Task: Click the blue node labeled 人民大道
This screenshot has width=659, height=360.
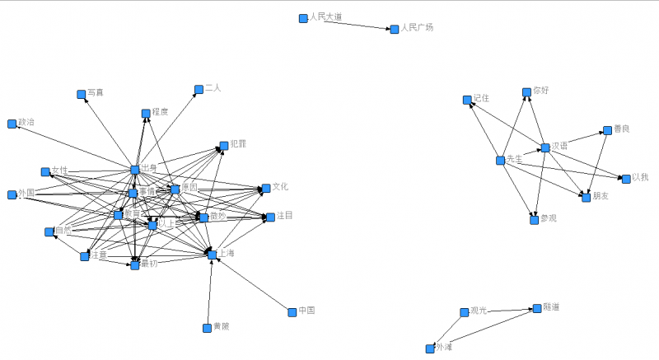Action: (303, 18)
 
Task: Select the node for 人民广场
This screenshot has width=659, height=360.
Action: (393, 29)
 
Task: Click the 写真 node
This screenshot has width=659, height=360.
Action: (81, 95)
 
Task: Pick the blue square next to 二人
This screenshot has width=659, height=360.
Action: (198, 90)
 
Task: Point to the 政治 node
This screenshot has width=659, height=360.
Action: (12, 124)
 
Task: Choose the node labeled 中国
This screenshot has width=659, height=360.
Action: (292, 312)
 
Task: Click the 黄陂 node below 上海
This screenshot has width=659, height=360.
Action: (206, 328)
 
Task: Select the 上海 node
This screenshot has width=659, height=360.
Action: (212, 255)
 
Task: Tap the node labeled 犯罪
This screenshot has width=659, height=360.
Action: (223, 145)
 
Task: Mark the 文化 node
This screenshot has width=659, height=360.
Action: (265, 189)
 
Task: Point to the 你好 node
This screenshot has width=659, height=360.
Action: (526, 91)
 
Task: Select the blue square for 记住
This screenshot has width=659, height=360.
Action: (466, 100)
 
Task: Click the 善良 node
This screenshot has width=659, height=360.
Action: (606, 131)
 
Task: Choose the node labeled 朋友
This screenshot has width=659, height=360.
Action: (586, 198)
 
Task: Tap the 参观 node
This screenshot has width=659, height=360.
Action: (534, 219)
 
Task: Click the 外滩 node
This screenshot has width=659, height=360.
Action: (429, 348)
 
